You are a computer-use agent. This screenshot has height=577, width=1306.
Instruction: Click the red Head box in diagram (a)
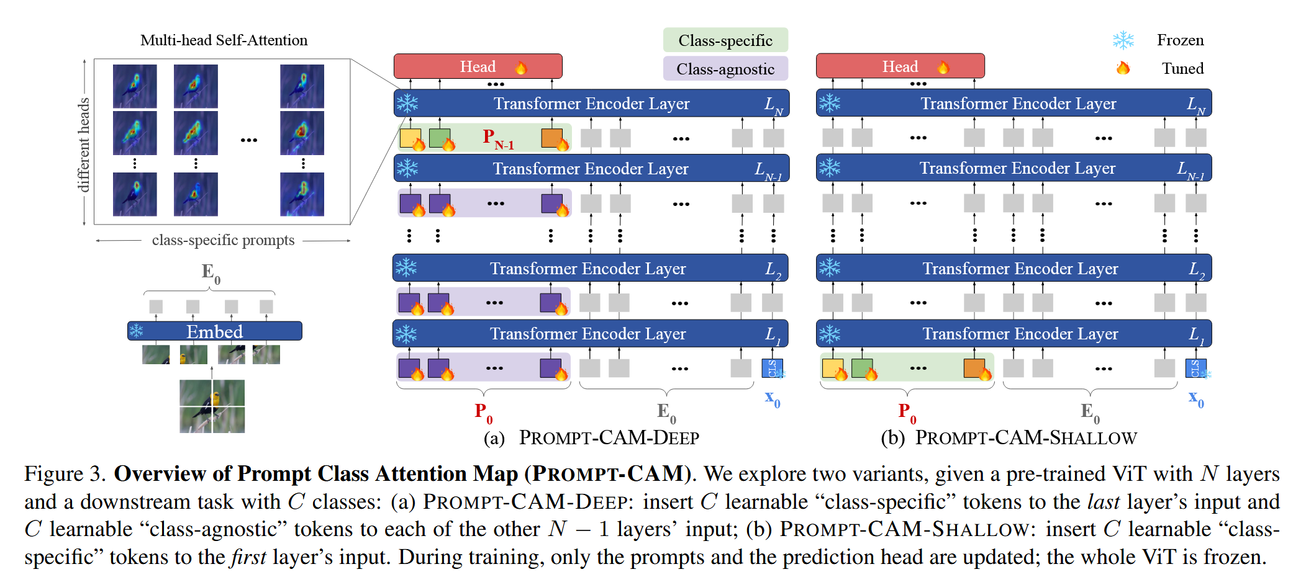point(478,66)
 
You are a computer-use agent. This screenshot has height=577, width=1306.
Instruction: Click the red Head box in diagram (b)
point(900,66)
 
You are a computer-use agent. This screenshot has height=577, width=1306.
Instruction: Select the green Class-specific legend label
point(725,40)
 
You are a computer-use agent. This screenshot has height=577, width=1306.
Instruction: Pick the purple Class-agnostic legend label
point(725,69)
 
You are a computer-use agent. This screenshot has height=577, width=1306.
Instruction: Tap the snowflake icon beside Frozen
point(1123,40)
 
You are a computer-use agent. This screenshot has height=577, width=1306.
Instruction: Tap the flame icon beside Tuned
point(1123,68)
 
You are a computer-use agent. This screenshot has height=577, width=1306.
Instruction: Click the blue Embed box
point(215,331)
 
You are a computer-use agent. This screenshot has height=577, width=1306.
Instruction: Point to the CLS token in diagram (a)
point(772,368)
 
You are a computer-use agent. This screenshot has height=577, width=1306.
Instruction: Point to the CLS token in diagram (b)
point(1195,368)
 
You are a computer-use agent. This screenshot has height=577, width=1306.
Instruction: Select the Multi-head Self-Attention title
point(224,40)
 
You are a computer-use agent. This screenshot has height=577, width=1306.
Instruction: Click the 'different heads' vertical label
point(83,144)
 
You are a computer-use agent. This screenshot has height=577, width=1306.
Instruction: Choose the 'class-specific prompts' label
point(223,240)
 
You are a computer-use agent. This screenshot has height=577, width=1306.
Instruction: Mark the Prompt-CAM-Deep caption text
point(609,438)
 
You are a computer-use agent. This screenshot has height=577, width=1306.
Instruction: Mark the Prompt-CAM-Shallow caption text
point(1026,438)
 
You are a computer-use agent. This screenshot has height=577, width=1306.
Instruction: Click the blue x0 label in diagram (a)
point(772,398)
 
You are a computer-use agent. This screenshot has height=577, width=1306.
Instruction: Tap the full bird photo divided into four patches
point(212,406)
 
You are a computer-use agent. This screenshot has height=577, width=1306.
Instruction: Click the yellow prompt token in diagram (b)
point(832,368)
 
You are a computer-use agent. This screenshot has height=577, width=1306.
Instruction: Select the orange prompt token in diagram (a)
point(551,138)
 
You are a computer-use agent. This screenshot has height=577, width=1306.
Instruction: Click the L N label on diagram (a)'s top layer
point(773,105)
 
